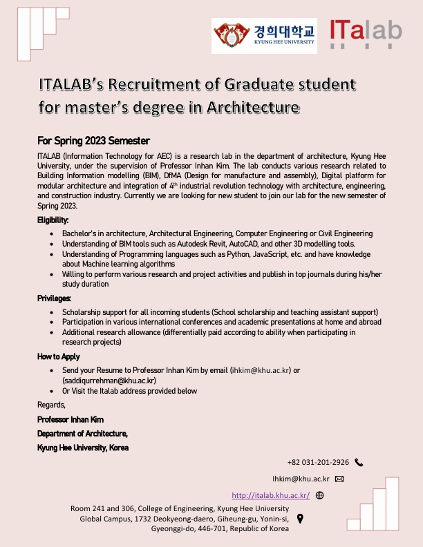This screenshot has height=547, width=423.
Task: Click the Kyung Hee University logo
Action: [x=265, y=36]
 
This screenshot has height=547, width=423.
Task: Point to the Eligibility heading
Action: [x=53, y=220]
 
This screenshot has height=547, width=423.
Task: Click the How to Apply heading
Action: [x=59, y=356]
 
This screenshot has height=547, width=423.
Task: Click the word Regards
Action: [x=52, y=405]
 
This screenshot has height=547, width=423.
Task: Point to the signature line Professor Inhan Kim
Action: [x=70, y=420]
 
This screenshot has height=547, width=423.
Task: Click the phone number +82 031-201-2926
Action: [x=318, y=463]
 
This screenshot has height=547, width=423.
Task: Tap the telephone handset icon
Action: [x=359, y=463]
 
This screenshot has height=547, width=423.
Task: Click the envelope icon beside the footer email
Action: [x=339, y=479]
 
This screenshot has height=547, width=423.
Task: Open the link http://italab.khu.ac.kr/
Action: [x=270, y=495]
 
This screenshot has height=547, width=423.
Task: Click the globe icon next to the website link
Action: [x=319, y=495]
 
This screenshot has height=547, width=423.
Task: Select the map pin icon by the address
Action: [x=300, y=518]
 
